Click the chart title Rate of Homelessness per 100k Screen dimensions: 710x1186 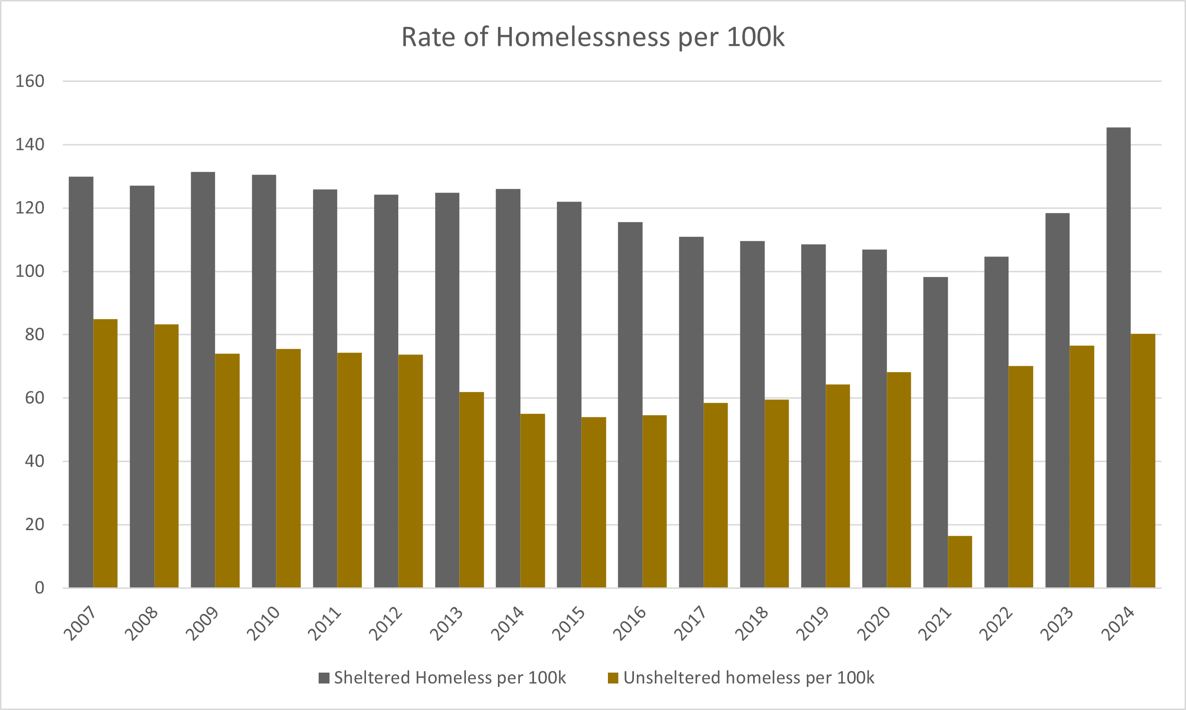pos(593,37)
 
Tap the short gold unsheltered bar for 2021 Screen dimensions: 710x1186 pos(960,562)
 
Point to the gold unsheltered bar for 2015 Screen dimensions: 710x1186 pos(594,502)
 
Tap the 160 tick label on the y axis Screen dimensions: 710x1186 pos(30,81)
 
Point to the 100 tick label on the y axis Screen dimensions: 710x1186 pos(30,271)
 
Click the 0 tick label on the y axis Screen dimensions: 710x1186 pos(39,587)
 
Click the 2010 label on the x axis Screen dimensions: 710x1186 pos(263,623)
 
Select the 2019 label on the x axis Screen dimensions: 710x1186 pos(812,623)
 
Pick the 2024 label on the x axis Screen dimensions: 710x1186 pos(1118,623)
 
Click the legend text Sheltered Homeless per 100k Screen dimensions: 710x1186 pos(450,678)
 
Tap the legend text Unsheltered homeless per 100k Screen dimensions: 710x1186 pos(749,678)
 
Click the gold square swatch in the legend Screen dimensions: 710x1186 pos(613,678)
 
